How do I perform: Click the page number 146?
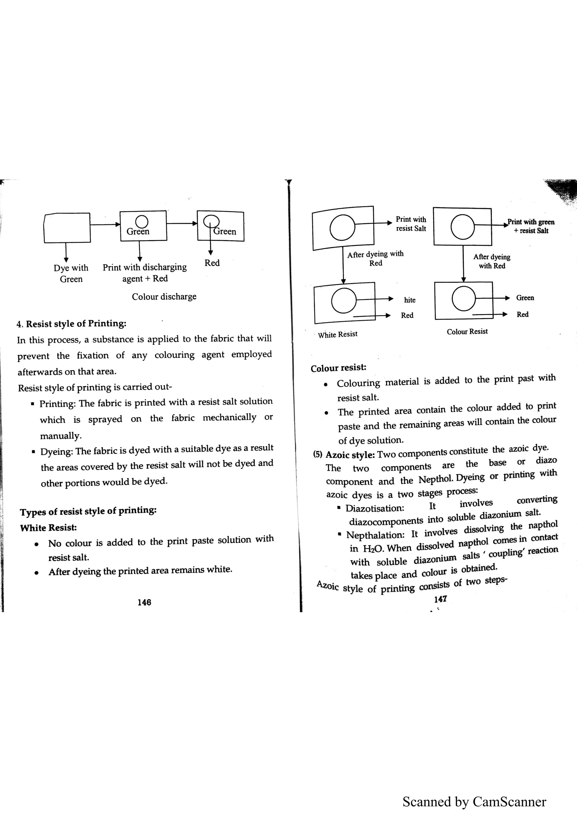144,602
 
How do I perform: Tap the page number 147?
440,599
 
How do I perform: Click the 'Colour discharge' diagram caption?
164,296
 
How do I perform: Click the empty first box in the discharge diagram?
67,228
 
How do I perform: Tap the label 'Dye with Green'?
71,273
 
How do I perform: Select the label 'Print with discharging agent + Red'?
145,273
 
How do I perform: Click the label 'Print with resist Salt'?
411,224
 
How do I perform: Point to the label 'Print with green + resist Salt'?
531,226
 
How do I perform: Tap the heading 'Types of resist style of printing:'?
88,511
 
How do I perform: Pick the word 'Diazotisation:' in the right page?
375,508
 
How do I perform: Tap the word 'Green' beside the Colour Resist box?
525,298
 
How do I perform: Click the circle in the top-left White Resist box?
342,228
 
